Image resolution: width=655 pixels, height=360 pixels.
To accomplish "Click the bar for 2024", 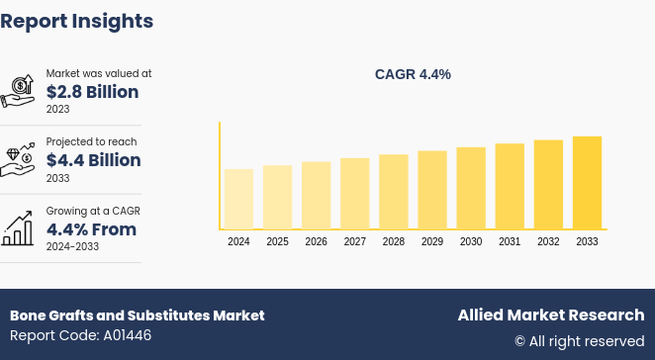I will (238, 199).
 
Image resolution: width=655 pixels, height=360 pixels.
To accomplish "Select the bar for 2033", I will (587, 183).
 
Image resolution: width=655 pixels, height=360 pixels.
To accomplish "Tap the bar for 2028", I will (393, 192).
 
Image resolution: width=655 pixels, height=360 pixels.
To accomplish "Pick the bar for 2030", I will (471, 188).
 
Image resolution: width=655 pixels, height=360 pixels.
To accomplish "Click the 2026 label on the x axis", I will (316, 241).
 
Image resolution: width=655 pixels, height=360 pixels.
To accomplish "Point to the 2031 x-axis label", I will (510, 241).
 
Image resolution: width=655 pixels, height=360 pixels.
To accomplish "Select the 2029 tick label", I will (432, 241).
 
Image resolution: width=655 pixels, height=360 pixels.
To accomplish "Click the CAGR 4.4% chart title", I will (413, 74).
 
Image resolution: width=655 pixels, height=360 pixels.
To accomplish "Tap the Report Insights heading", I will (77, 21).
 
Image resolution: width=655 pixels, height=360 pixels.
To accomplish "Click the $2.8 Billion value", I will (92, 92).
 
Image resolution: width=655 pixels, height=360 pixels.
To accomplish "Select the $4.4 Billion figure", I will (93, 160).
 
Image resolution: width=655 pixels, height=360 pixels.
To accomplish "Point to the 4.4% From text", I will (91, 229).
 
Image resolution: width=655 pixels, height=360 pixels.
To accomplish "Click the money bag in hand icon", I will (19, 91).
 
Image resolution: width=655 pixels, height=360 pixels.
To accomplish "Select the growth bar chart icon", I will (19, 228).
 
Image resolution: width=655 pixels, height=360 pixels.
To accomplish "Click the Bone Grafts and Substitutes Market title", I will (138, 315).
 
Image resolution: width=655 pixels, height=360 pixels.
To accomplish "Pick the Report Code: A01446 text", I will (81, 336).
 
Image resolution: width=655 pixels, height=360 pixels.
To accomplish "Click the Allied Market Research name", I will (550, 315).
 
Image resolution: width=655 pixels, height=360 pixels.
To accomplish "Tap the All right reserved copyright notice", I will (579, 341).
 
